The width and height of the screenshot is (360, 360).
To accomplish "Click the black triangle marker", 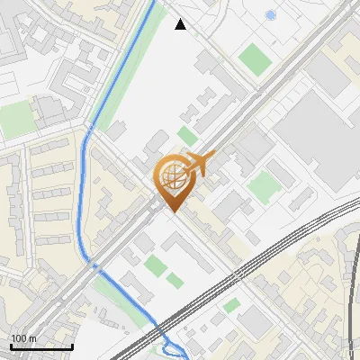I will (x=181, y=24).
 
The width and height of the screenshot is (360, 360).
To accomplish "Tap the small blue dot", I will (x=271, y=15).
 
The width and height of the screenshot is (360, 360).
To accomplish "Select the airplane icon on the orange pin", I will (x=198, y=164).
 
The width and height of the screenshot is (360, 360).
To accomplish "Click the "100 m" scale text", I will (x=24, y=338).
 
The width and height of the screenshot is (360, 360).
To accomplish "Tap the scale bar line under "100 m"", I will (x=41, y=346).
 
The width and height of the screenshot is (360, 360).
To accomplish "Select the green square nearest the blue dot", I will (x=255, y=59).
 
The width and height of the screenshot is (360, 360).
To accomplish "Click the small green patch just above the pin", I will (x=187, y=135).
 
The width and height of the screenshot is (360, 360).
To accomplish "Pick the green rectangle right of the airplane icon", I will (x=265, y=187).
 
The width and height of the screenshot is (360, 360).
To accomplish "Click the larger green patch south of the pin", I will (x=156, y=265).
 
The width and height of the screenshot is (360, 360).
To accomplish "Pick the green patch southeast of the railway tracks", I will (x=232, y=305).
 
